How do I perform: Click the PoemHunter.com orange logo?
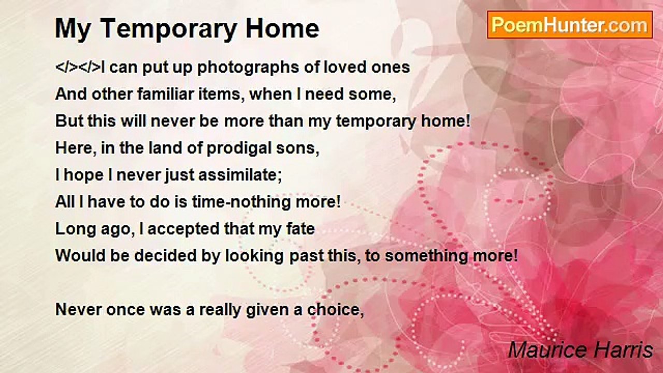point(570,25)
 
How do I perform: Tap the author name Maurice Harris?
point(581,350)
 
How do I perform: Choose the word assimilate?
point(240,175)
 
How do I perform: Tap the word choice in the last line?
point(335,310)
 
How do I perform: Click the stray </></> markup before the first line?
point(78,67)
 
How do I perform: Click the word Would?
point(80,256)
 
